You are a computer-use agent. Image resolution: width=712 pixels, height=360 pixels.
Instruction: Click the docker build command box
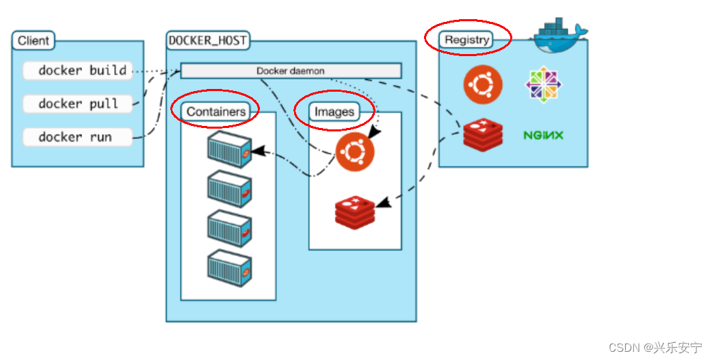coord(78,70)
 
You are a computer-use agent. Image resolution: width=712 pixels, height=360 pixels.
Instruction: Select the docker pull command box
coord(78,103)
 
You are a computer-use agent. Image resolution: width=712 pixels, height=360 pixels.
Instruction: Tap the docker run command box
coord(78,137)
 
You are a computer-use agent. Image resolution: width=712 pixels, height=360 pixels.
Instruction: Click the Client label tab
coord(33,40)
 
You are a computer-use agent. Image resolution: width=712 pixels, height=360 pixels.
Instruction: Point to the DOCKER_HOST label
coord(208,41)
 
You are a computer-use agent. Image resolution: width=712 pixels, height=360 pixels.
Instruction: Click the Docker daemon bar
coord(291,71)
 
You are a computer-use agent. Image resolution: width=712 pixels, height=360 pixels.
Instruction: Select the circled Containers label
coord(215,112)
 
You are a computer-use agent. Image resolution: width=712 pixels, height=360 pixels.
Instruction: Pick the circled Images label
coord(334,112)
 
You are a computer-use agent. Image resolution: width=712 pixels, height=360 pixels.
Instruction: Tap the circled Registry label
coord(466,40)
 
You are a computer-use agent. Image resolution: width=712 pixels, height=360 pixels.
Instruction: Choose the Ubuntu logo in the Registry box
coord(483,85)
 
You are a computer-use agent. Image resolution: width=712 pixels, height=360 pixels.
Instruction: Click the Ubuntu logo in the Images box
coord(355,152)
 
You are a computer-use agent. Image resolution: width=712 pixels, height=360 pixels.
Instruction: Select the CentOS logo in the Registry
coord(544,85)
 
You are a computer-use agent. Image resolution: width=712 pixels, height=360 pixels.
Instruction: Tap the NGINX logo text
coord(543,135)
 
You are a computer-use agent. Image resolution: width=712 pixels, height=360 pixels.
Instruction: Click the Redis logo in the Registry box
coord(483,135)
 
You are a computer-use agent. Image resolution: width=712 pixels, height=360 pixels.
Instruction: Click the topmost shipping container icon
coord(229,150)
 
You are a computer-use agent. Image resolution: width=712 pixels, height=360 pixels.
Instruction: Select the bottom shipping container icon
coord(229,268)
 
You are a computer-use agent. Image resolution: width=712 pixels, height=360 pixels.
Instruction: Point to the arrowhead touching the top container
coord(258,151)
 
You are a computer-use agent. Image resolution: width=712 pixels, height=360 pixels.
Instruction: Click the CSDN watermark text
coord(655,348)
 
